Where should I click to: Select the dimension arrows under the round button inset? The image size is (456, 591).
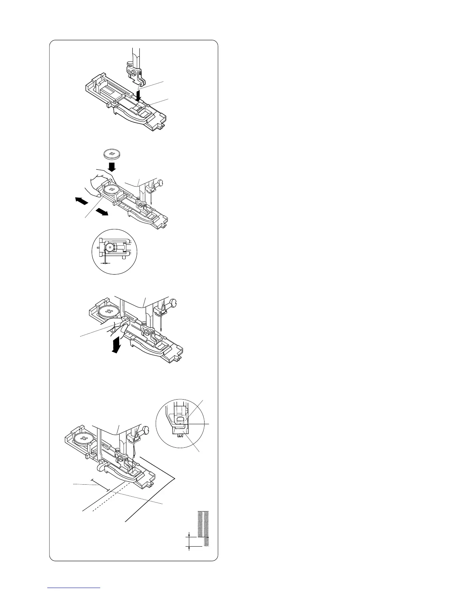point(106,263)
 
